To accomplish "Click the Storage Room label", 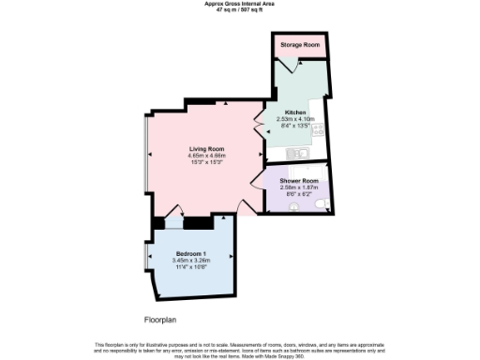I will coord(297,43).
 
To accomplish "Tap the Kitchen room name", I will coord(296,112).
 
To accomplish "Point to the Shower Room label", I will coord(298,180).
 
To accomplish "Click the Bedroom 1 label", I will coord(192,254).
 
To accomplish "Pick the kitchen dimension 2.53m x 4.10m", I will coord(296,119).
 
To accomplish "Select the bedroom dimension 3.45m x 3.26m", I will coord(192,261).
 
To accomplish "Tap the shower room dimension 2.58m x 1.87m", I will coord(298,187).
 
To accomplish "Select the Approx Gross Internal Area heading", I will coord(240,4).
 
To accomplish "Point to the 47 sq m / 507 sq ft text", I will coord(240,9).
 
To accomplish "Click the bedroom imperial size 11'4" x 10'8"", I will coord(192,267).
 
